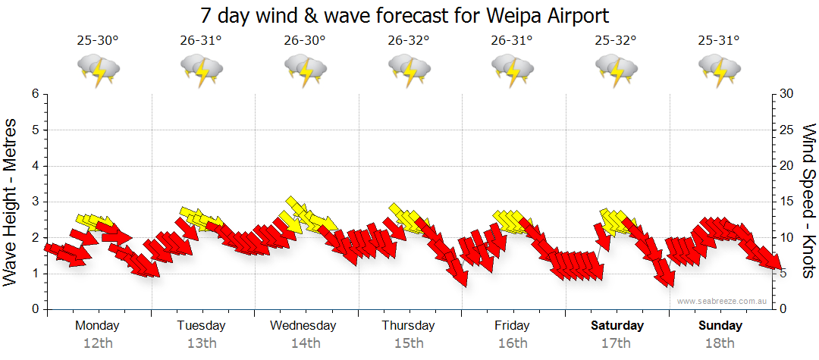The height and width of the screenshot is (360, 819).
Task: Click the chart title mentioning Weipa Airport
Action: (x=405, y=15)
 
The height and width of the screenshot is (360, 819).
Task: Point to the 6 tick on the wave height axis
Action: (x=34, y=94)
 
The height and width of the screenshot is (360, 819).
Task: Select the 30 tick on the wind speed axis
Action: (x=788, y=94)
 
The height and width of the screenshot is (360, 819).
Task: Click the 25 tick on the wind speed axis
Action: (x=788, y=130)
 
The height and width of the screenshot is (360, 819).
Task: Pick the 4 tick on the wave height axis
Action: (x=34, y=166)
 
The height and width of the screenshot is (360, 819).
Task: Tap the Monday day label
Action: (x=97, y=326)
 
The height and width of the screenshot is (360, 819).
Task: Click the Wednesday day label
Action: (x=303, y=326)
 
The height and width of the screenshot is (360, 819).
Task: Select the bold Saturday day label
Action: (x=617, y=326)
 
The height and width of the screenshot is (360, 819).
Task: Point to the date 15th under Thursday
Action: (x=409, y=343)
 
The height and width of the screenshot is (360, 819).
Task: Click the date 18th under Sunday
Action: (x=720, y=343)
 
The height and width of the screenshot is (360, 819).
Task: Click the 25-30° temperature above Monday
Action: (x=98, y=41)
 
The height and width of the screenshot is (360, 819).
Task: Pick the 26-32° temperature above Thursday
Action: (x=409, y=41)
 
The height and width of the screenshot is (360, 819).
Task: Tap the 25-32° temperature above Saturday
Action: (x=616, y=41)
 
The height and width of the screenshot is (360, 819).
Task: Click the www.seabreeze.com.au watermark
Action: (x=723, y=301)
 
